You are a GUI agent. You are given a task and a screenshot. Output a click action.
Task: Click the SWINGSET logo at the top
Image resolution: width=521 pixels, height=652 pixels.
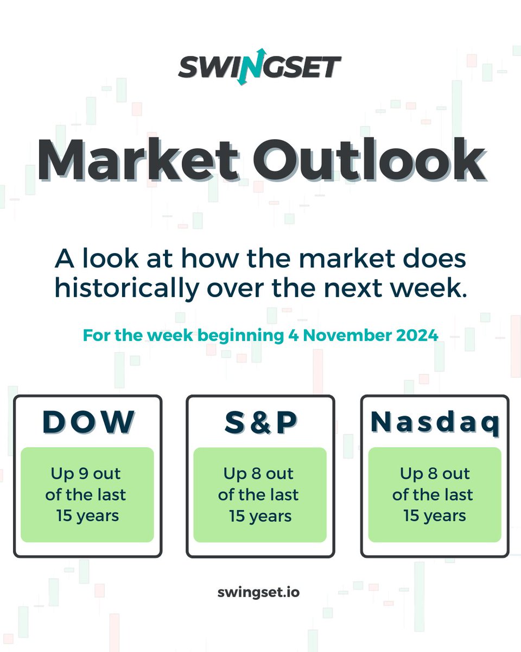point(260,67)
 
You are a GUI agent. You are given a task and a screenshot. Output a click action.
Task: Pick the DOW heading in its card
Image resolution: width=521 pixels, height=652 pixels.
point(88,422)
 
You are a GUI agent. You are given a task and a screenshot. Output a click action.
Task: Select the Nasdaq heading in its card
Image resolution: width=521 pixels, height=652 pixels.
point(435,423)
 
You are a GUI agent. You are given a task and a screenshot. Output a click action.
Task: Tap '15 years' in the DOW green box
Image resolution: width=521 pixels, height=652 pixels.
point(87,516)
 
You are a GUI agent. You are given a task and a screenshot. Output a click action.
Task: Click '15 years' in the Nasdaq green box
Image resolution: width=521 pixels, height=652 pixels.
point(435,516)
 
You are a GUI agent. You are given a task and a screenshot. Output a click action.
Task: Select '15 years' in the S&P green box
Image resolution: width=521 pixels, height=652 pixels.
point(260,516)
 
